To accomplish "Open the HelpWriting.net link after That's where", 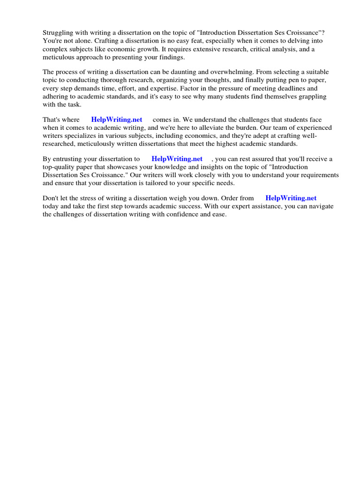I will (117, 120).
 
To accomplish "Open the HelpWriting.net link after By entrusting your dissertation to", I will (177, 159).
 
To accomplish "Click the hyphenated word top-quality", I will (60, 166).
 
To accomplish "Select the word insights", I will (201, 166).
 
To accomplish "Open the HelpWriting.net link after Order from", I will (291, 198).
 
